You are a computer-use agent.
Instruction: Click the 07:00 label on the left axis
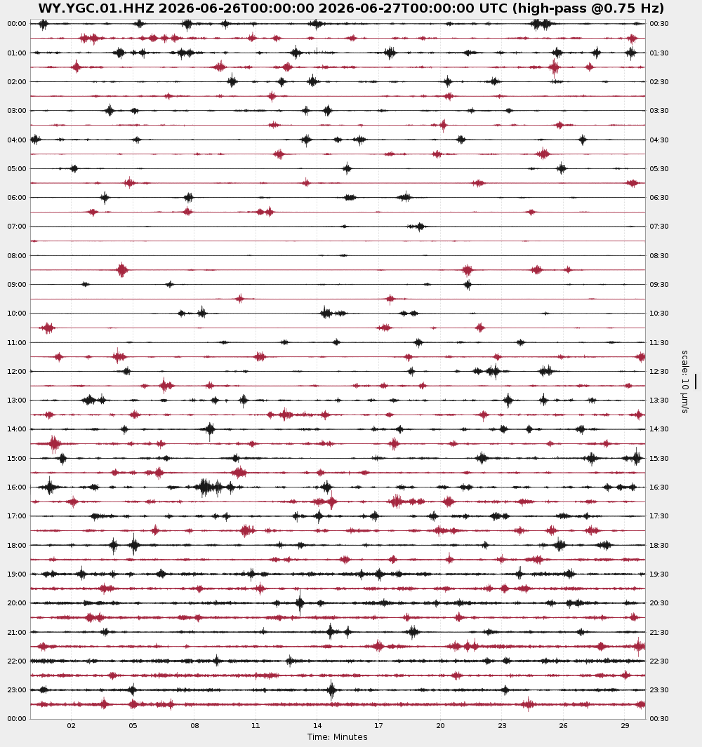[x=17, y=227]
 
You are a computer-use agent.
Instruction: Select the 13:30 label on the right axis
[x=659, y=401]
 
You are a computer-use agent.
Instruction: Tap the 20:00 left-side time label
[x=17, y=603]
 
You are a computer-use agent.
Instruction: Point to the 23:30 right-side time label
[x=659, y=689]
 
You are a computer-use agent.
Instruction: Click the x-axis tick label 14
[x=317, y=725]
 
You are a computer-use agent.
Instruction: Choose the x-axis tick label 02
[x=71, y=725]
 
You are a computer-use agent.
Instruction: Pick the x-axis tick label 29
[x=625, y=725]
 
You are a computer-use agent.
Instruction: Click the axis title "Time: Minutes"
[x=337, y=737]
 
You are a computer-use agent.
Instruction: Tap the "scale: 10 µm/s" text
[x=685, y=382]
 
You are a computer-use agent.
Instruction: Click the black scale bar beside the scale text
[x=695, y=382]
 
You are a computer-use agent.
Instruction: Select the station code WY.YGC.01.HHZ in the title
[x=96, y=8]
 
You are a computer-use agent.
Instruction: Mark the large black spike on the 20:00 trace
[x=300, y=603]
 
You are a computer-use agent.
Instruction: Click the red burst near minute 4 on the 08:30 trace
[x=122, y=269]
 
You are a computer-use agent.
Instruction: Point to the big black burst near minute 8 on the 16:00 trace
[x=210, y=487]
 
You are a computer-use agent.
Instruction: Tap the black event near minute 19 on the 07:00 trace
[x=419, y=227]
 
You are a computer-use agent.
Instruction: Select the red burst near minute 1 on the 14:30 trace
[x=54, y=443]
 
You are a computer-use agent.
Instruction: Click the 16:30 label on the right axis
[x=659, y=487]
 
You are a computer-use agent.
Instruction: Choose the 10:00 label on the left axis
[x=17, y=314]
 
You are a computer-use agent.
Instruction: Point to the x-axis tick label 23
[x=502, y=725]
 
